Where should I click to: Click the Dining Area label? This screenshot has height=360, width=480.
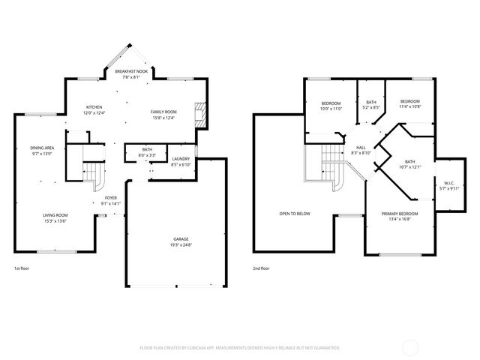coord(42,148)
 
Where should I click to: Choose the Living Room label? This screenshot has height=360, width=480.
coord(55,217)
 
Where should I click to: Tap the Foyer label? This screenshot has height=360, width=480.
coord(110,197)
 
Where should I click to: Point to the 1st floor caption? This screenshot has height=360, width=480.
coord(22,268)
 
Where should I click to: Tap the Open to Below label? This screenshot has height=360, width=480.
coord(295,213)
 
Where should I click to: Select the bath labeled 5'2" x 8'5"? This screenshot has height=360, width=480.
coord(370,105)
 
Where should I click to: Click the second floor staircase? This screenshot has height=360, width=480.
coord(328,161)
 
